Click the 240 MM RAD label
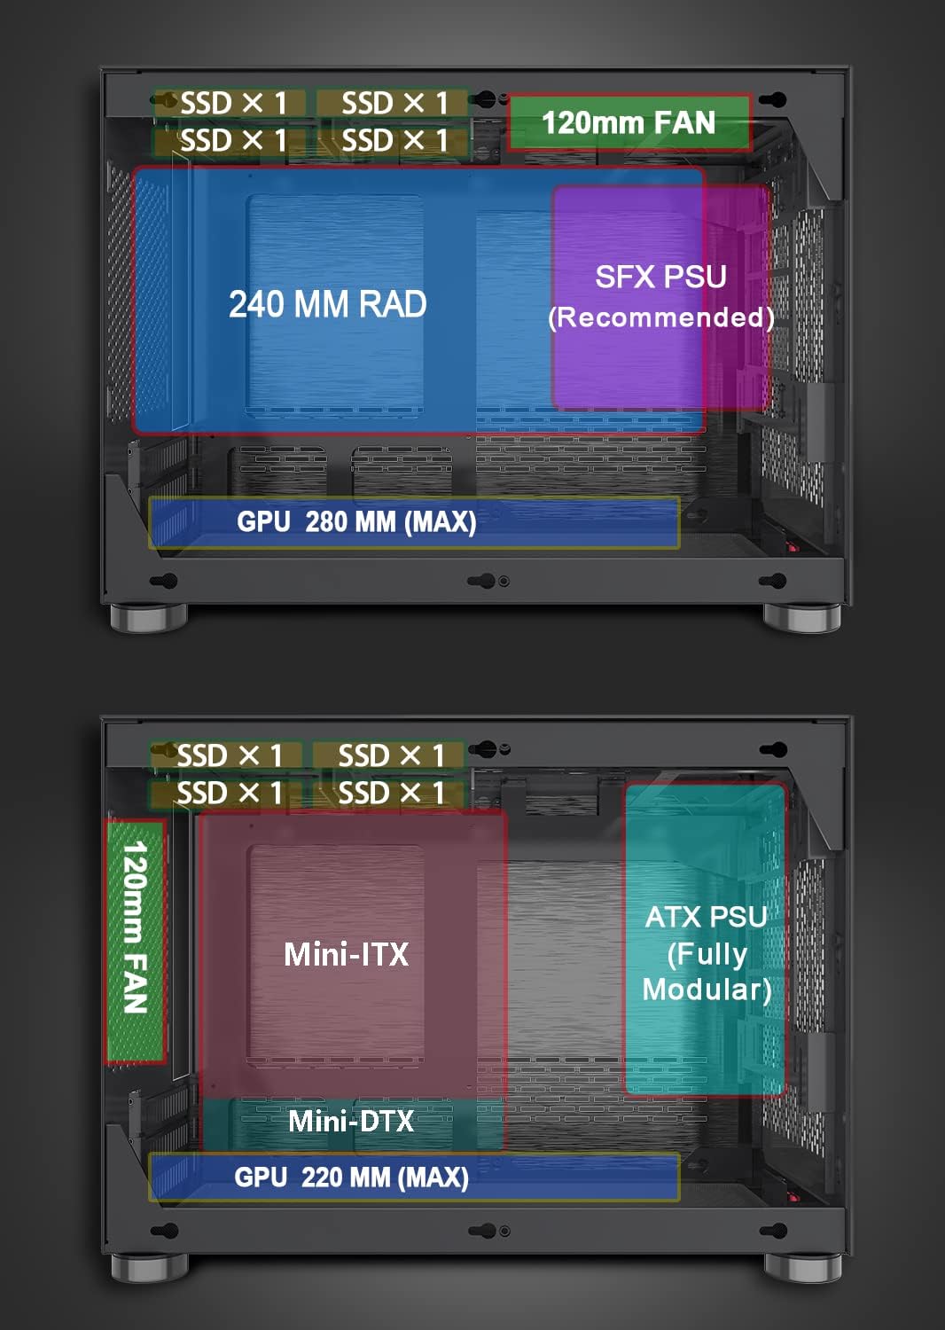coord(328,304)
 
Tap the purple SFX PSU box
coord(661,297)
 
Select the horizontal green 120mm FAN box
coord(629,122)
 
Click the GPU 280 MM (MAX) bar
coord(414,522)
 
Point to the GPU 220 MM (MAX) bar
coord(414,1177)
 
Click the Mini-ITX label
coord(346,954)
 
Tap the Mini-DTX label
coord(351,1121)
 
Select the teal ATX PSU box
coord(705,939)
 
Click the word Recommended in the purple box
coord(661,317)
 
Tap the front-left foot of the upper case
coord(148,617)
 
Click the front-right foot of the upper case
coord(802,617)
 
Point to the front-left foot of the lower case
coord(148,1268)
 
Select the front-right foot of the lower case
coord(802,1268)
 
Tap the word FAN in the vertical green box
coord(136,982)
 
